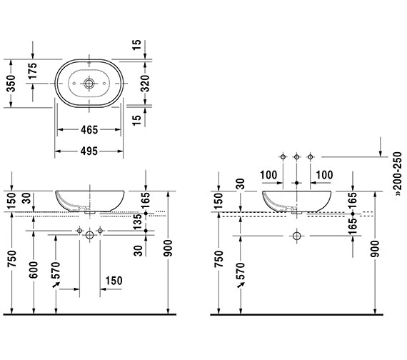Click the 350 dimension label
[x=11, y=84]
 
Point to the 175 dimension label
[x=33, y=71]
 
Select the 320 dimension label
[x=145, y=84]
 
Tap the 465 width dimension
[x=89, y=129]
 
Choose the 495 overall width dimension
[x=89, y=151]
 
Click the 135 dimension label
[x=138, y=221]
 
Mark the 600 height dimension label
[x=34, y=270]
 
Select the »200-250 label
[x=398, y=174]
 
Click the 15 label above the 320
[x=136, y=45]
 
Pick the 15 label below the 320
[x=136, y=120]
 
